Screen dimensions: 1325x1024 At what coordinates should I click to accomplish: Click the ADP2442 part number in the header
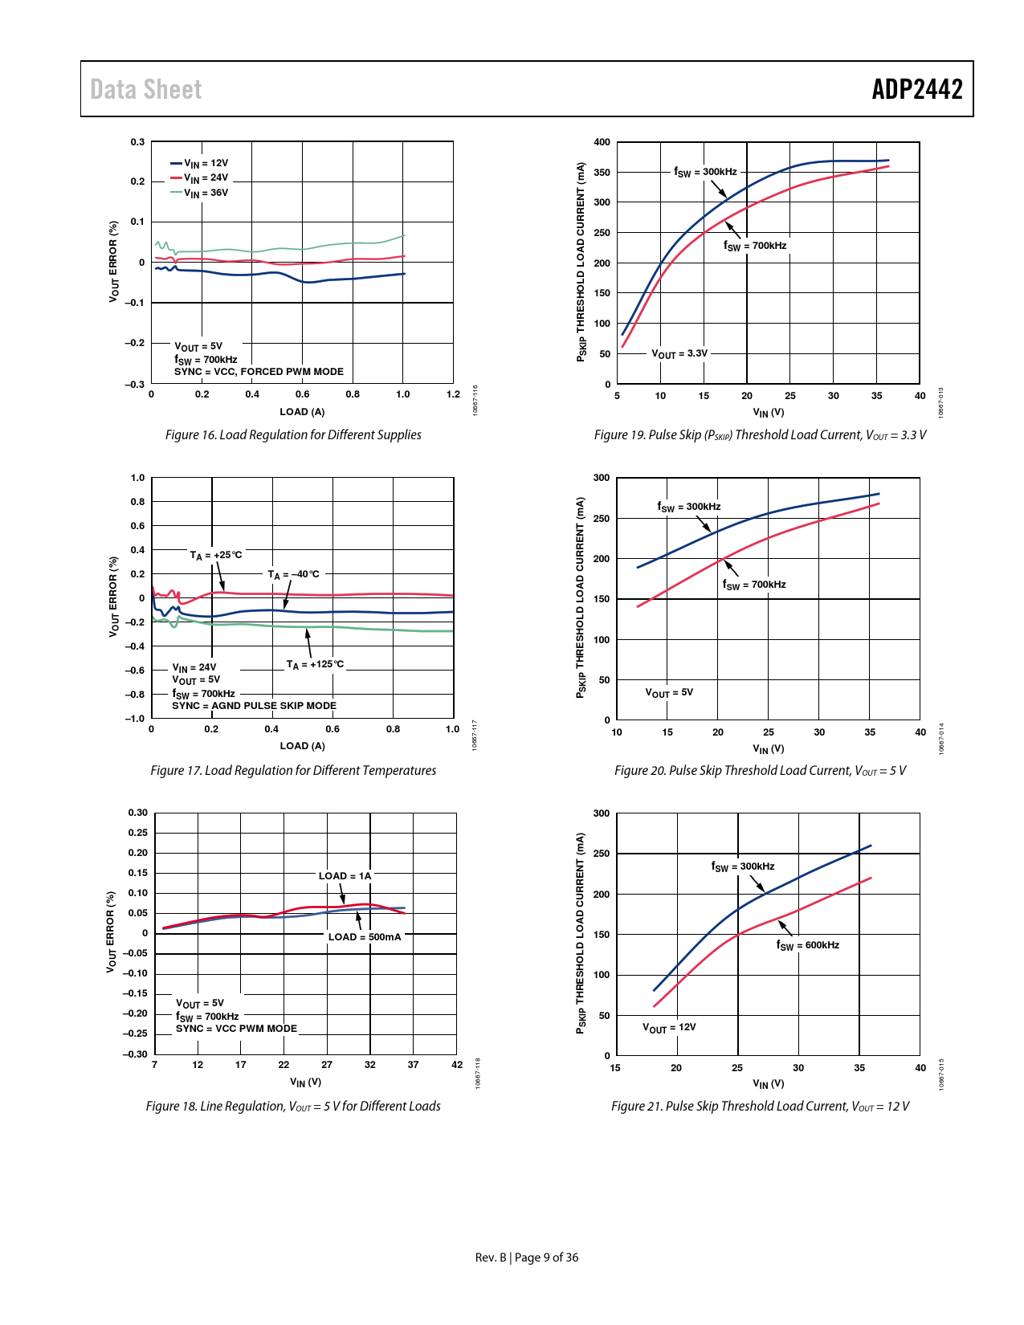pyautogui.click(x=917, y=89)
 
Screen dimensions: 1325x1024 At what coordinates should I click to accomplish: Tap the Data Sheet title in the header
pyautogui.click(x=146, y=89)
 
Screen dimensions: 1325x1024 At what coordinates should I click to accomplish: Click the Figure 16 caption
pyautogui.click(x=293, y=434)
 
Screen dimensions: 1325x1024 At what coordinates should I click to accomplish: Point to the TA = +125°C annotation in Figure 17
pyautogui.click(x=315, y=664)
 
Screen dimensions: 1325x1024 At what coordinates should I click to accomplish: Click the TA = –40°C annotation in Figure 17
pyautogui.click(x=293, y=574)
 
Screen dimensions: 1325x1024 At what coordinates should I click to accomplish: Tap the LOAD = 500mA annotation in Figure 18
pyautogui.click(x=365, y=937)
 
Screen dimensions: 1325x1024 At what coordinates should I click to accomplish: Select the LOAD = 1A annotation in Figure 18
pyautogui.click(x=345, y=876)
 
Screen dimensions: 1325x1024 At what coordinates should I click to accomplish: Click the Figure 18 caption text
pyautogui.click(x=293, y=1106)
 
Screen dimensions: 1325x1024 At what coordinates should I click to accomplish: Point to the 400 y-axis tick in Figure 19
pyautogui.click(x=602, y=142)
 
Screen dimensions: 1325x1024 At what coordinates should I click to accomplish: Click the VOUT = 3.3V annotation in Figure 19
pyautogui.click(x=679, y=353)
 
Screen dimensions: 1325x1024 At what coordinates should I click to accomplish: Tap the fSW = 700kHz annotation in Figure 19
pyautogui.click(x=755, y=246)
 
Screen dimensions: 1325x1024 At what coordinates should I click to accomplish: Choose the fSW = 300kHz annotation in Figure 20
pyautogui.click(x=689, y=507)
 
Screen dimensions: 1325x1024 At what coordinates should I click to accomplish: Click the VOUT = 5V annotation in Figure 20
pyautogui.click(x=669, y=692)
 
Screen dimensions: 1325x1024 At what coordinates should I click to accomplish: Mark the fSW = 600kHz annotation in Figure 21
pyautogui.click(x=808, y=945)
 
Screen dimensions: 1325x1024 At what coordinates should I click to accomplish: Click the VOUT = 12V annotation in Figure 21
pyautogui.click(x=669, y=1027)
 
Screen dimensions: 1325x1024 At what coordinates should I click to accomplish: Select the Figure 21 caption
pyautogui.click(x=760, y=1106)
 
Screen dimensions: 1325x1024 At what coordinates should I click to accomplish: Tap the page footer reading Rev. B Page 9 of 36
pyautogui.click(x=527, y=1258)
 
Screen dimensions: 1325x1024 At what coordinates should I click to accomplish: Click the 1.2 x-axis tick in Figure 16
pyautogui.click(x=454, y=394)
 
